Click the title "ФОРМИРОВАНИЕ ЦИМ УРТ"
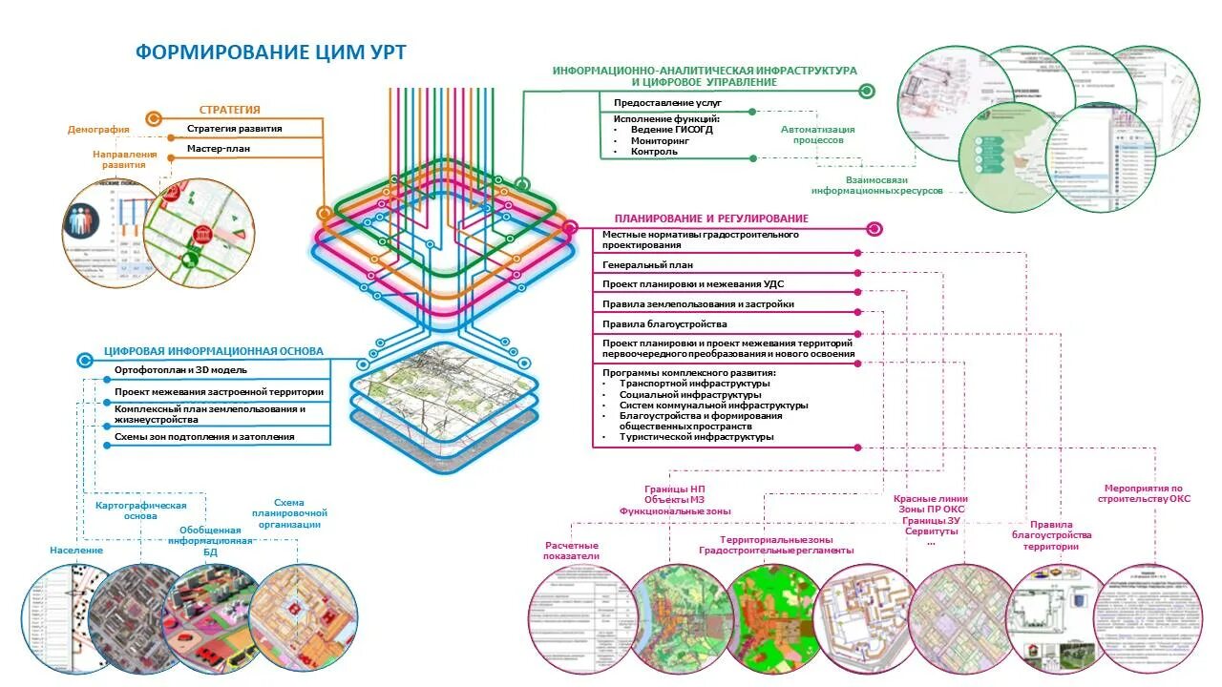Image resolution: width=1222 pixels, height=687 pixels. point(276,52)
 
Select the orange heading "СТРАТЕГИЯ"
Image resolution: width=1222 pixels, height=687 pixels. point(229,110)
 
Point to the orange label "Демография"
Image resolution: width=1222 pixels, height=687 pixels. point(98,130)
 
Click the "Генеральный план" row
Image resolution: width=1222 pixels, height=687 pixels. point(647,265)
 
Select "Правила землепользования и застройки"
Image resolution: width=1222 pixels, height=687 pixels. point(698,304)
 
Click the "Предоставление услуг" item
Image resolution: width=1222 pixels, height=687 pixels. point(654,101)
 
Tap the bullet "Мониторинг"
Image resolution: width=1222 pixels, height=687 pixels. point(654,140)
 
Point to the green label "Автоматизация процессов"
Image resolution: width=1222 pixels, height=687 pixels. point(817,135)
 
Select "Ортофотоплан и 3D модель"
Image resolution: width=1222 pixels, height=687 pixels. point(180,369)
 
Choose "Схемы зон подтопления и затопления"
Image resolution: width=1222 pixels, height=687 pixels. point(204,437)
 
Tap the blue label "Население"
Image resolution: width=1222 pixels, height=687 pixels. point(76,551)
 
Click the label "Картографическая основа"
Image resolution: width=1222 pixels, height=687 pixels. point(140,510)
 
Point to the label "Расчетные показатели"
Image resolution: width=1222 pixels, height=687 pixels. point(571,550)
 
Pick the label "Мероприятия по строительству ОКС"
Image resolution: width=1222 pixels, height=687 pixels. point(1143,493)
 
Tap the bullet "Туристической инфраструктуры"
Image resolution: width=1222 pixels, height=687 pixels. point(696,437)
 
